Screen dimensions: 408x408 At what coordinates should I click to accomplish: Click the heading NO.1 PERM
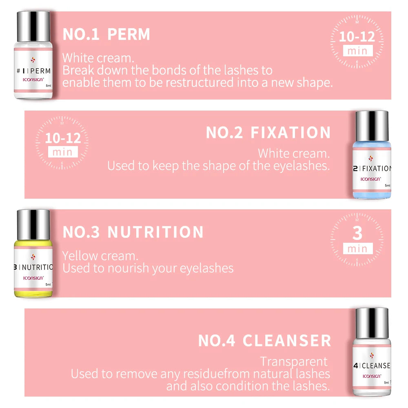(106, 34)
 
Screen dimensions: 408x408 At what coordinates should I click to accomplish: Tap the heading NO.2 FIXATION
(268, 133)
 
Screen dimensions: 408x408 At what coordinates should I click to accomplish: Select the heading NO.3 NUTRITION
(133, 232)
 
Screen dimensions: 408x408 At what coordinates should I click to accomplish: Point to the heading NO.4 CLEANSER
(264, 341)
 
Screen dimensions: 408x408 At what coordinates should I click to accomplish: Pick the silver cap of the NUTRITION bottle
(33, 224)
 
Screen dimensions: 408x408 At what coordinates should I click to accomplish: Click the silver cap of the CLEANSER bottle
(372, 322)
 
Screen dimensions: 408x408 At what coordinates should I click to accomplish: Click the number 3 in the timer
(357, 233)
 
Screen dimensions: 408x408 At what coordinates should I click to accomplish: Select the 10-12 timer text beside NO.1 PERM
(357, 37)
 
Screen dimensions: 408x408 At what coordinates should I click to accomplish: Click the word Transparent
(294, 361)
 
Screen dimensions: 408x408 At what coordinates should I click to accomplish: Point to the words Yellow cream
(100, 256)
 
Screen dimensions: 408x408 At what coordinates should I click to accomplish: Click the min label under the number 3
(357, 248)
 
